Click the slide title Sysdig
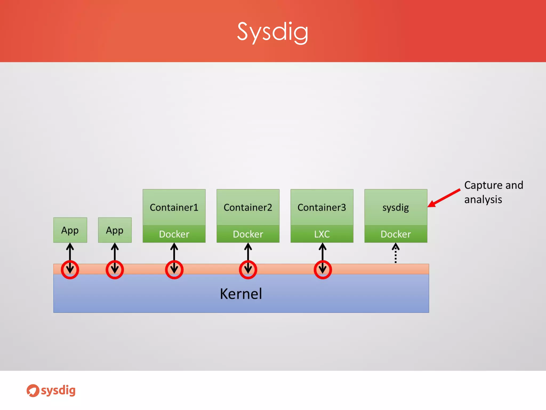pos(272,32)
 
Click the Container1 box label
pos(174,207)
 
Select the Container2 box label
pos(248,207)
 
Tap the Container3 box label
pos(322,207)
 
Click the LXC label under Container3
pos(322,234)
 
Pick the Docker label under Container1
pos(174,234)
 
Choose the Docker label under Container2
pos(248,234)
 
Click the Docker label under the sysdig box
pos(396,234)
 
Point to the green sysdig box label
pos(396,207)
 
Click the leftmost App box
pos(70,230)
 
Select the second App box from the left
pos(115,230)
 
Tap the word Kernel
pos(241,294)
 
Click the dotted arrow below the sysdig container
pos(396,254)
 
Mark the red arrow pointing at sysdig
pos(444,198)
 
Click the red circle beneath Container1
pos(174,270)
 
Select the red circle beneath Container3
pos(323,270)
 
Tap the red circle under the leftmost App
pos(70,270)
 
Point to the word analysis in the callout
pos(483,200)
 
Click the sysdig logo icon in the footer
pos(33,391)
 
